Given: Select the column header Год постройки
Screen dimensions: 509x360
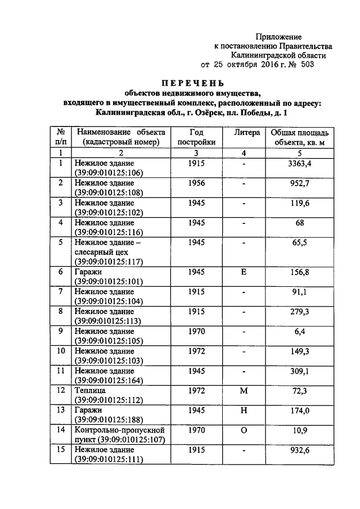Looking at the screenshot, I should [x=196, y=137].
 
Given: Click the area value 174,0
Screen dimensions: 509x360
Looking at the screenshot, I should [x=300, y=410].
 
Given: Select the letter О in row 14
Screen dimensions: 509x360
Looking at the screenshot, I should [x=244, y=430].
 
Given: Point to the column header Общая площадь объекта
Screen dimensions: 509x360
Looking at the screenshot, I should [x=300, y=137].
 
